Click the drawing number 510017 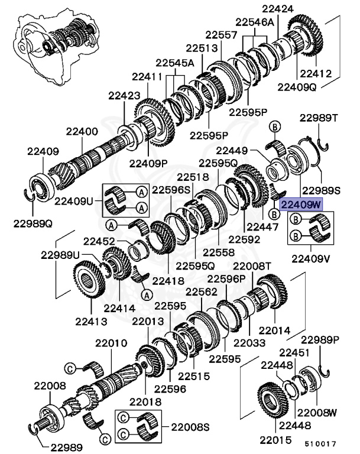(x=320, y=442)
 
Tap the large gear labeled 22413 (x=89, y=285)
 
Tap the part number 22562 (x=202, y=291)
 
